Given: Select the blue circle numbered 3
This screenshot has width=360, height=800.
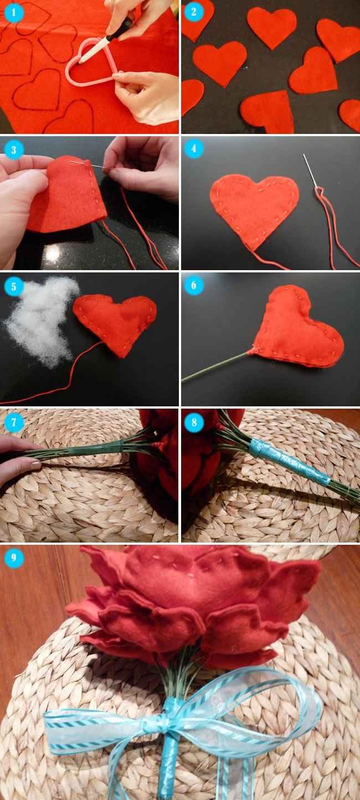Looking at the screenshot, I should coord(14,149).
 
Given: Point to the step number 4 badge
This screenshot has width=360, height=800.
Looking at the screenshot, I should coord(194,149).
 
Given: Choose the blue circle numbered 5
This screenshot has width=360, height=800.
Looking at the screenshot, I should coord(14,286).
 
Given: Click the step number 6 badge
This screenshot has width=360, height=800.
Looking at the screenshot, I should coord(194,286).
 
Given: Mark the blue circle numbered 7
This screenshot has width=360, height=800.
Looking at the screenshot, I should coord(14,422).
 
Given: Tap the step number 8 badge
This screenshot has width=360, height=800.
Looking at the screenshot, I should coord(194,422).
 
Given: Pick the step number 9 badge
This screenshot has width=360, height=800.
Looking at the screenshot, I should coord(14,558).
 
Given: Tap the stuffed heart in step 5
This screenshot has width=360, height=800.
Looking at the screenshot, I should coord(116,321).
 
